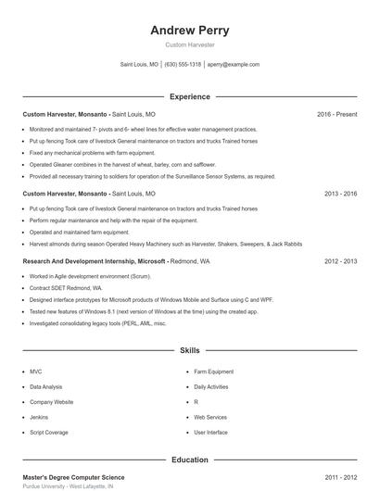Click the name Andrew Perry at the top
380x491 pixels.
[189, 30]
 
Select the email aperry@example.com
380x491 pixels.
[233, 65]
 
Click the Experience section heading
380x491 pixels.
[189, 96]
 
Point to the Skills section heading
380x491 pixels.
[189, 352]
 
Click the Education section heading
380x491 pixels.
[189, 460]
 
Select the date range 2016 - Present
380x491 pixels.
[336, 115]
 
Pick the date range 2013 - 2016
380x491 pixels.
[340, 195]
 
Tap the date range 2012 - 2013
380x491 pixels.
[340, 262]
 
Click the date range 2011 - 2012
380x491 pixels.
[340, 477]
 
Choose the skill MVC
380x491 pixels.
[36, 371]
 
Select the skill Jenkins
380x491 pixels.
[40, 418]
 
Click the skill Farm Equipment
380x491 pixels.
[214, 371]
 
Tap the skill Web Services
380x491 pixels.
[210, 418]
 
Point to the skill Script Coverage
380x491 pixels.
[49, 433]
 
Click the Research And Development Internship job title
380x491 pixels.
[94, 262]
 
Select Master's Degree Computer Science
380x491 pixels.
[73, 477]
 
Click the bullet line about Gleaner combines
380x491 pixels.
[115, 164]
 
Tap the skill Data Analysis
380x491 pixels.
[46, 386]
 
